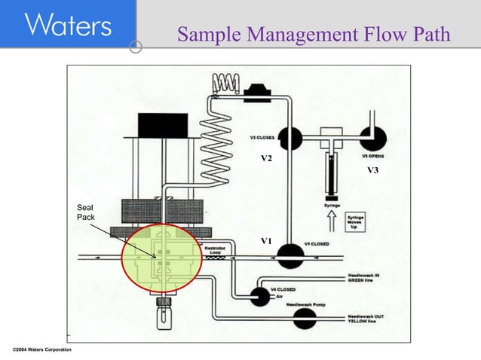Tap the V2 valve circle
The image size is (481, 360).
click(x=290, y=138)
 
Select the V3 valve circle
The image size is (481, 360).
click(x=371, y=139)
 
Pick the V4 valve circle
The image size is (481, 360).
click(x=260, y=296)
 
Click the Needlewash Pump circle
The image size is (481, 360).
click(x=305, y=319)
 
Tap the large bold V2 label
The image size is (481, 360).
click(x=266, y=160)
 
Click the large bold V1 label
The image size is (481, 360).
click(x=266, y=241)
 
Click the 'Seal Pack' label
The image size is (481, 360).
click(x=85, y=212)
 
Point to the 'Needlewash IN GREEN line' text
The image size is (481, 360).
click(x=364, y=278)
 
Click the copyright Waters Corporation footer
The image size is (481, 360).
click(x=42, y=350)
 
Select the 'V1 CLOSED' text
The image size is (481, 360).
click(x=317, y=243)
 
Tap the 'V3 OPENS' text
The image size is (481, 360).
click(x=374, y=156)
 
